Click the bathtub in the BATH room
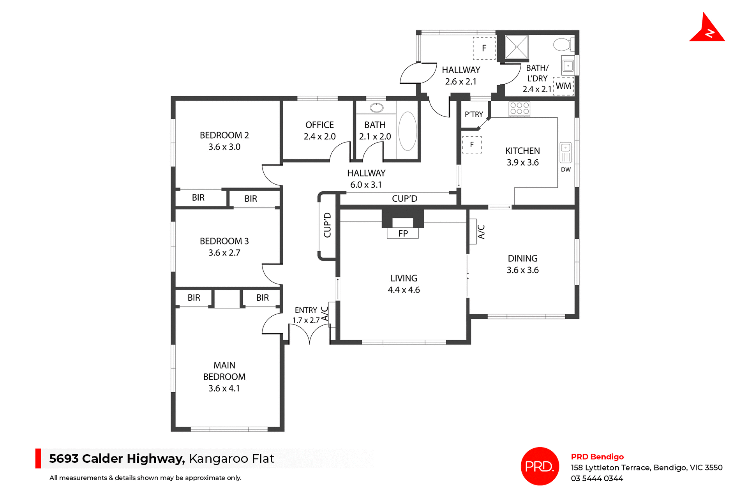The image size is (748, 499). pyautogui.click(x=408, y=131)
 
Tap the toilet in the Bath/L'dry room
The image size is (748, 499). pyautogui.click(x=562, y=44)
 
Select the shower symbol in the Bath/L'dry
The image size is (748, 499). pyautogui.click(x=516, y=47)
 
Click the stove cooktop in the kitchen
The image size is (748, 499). pyautogui.click(x=519, y=108)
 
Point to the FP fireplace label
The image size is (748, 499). pyautogui.click(x=403, y=233)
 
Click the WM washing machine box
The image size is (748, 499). pyautogui.click(x=563, y=86)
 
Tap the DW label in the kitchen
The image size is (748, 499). pyautogui.click(x=566, y=169)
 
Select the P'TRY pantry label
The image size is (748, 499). pyautogui.click(x=474, y=114)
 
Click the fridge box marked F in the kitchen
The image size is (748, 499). pyautogui.click(x=472, y=145)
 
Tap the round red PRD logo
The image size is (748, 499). pyautogui.click(x=540, y=466)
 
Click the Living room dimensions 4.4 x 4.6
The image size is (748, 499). pyautogui.click(x=404, y=290)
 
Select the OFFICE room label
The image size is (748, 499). pyautogui.click(x=319, y=125)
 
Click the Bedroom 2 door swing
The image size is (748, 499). pyautogui.click(x=271, y=176)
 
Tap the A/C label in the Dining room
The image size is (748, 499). pyautogui.click(x=481, y=231)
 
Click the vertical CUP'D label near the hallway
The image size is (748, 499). pyautogui.click(x=327, y=225)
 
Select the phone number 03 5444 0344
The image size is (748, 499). pyautogui.click(x=597, y=478)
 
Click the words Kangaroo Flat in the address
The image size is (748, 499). pyautogui.click(x=231, y=458)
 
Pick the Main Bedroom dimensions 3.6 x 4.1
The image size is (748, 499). pyautogui.click(x=224, y=388)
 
